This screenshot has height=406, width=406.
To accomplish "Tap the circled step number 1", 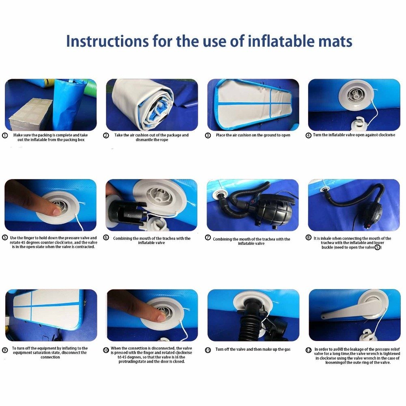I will coord(5,135).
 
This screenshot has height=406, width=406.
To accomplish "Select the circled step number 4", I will coord(309,135).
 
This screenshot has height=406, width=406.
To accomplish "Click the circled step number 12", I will coord(309,350).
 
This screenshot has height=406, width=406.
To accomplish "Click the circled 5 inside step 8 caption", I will coord(378,247).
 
